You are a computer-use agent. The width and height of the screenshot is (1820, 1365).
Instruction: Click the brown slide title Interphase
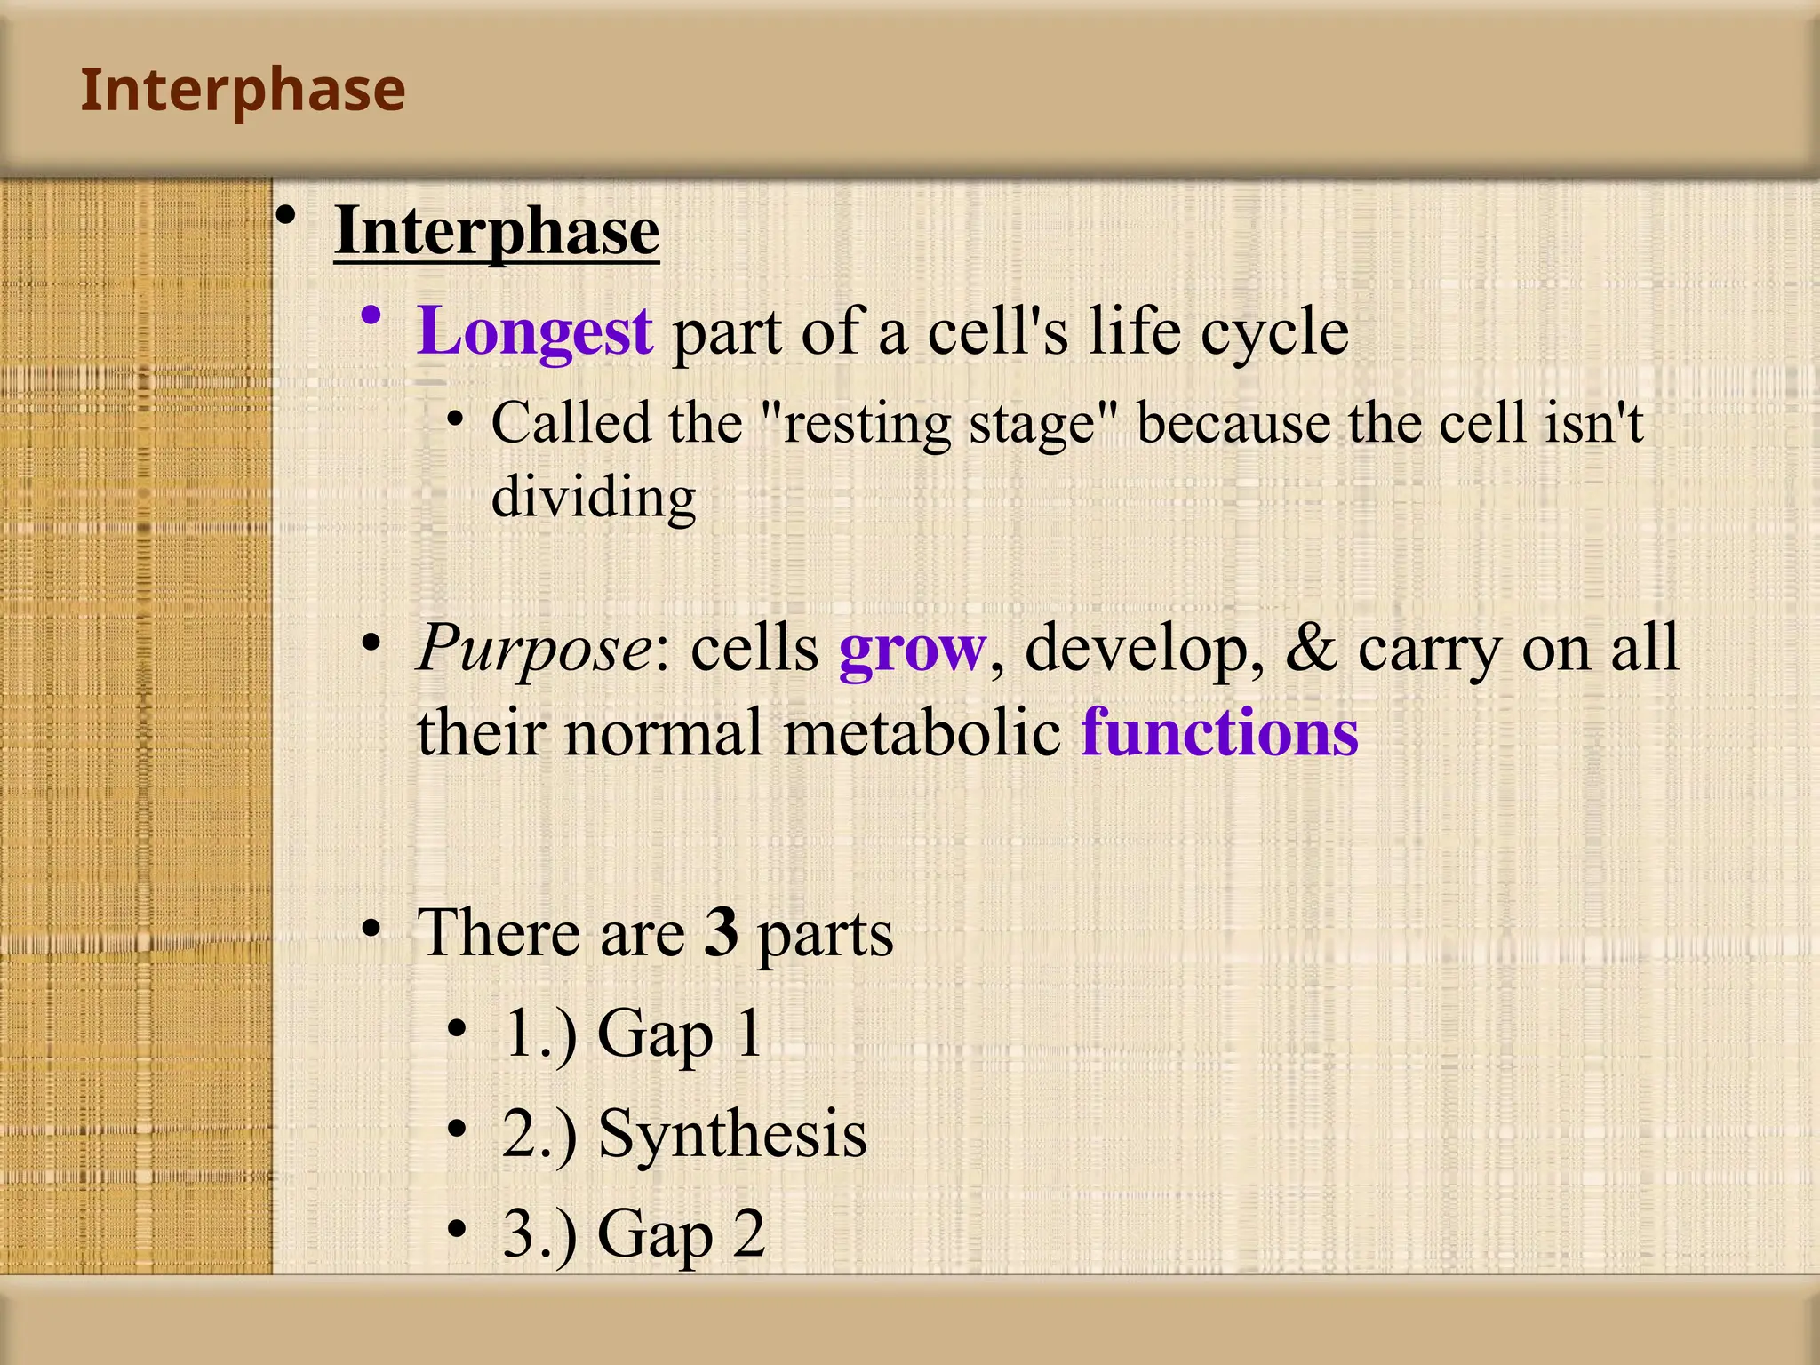[x=243, y=91]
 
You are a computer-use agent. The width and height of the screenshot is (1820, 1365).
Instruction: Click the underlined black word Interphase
[x=497, y=231]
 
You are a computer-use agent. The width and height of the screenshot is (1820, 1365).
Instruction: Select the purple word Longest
[x=535, y=331]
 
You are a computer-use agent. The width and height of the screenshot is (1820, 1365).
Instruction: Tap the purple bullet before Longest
[x=371, y=316]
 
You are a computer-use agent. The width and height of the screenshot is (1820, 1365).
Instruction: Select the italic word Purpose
[x=535, y=649]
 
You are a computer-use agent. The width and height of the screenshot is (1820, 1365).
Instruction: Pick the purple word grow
[x=912, y=649]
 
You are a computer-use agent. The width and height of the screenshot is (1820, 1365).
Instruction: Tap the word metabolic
[x=922, y=734]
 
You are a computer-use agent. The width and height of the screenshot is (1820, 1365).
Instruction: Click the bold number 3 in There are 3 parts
[x=721, y=933]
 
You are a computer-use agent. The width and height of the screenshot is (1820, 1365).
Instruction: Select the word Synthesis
[x=732, y=1134]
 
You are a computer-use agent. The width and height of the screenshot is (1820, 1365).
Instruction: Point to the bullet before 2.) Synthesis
[x=457, y=1129]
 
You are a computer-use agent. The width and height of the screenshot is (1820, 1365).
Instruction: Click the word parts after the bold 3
[x=825, y=935]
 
